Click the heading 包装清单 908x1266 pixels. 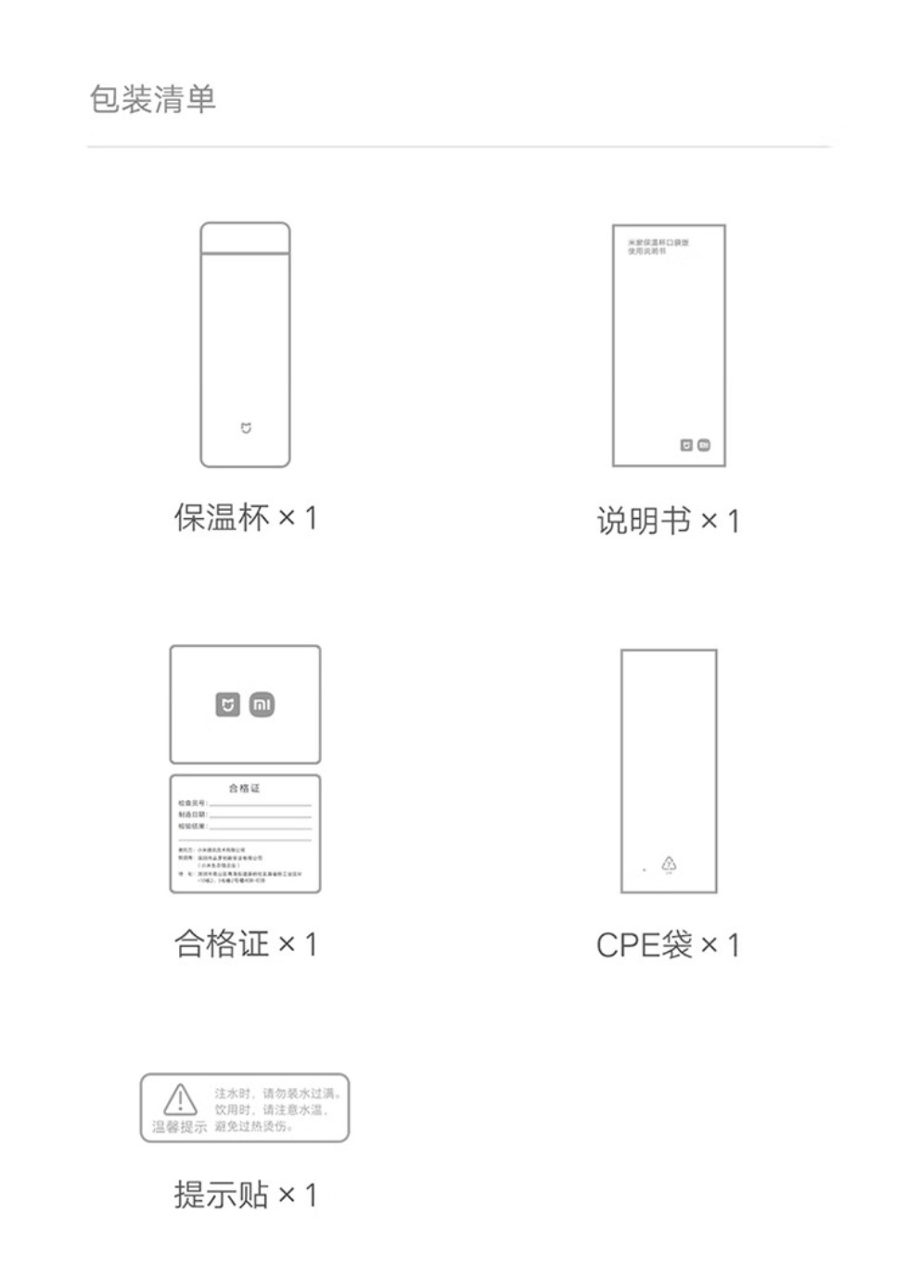click(153, 99)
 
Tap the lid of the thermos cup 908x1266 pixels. click(245, 237)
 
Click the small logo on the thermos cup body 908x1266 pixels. click(246, 428)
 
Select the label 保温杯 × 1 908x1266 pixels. click(246, 517)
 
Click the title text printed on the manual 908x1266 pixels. click(658, 247)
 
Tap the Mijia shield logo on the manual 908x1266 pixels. click(686, 445)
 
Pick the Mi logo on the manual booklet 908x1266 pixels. click(704, 445)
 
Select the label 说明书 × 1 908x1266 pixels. click(668, 521)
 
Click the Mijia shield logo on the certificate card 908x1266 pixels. click(227, 705)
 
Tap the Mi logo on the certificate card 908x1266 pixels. click(262, 705)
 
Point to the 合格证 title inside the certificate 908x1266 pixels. click(245, 788)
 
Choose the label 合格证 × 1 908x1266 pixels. click(246, 944)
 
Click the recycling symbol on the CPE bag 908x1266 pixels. click(669, 864)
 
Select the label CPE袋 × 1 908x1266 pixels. click(668, 945)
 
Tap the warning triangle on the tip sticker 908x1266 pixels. click(180, 1100)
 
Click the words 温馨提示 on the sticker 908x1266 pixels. click(180, 1127)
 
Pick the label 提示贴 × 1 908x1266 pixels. click(246, 1195)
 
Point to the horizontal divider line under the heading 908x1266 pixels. click(459, 146)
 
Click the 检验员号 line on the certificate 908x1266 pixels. click(244, 803)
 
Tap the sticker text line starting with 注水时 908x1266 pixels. click(277, 1095)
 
